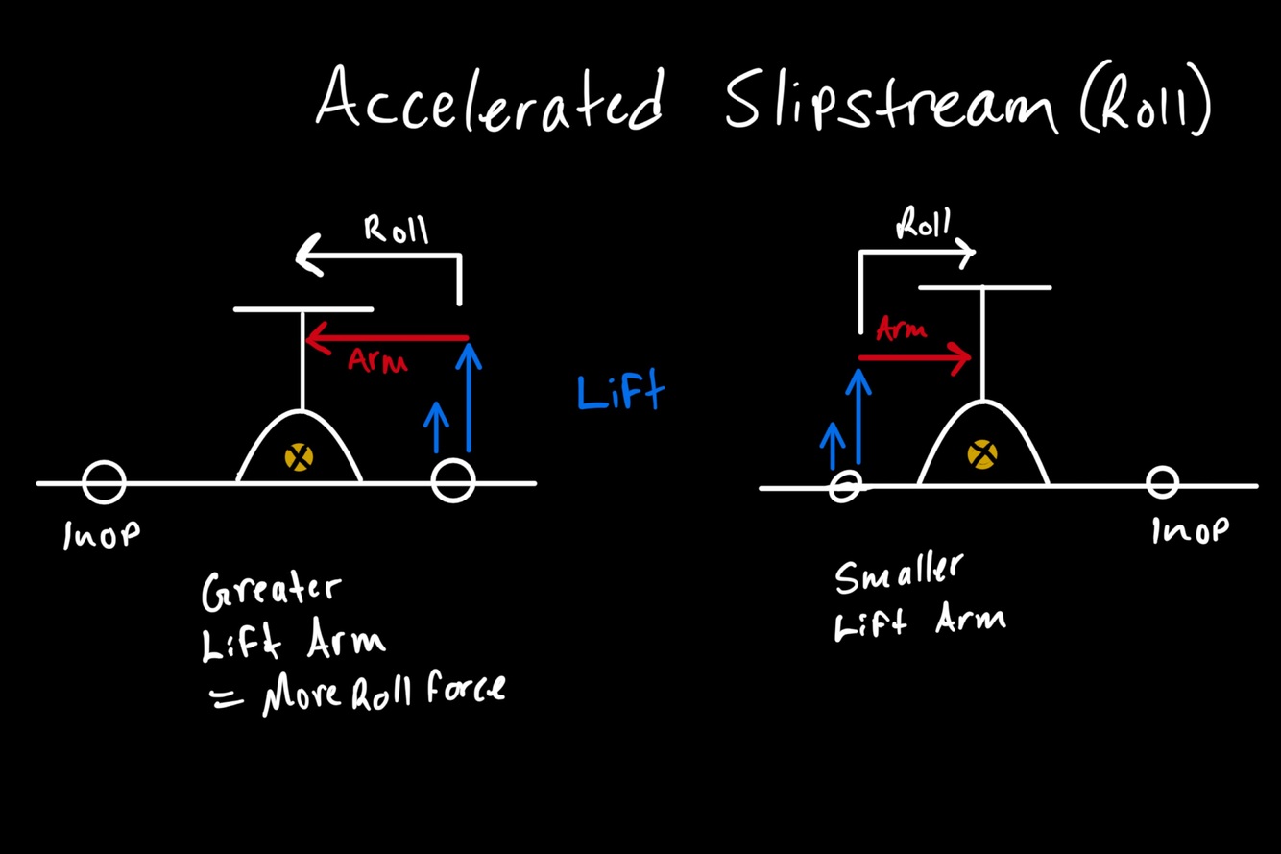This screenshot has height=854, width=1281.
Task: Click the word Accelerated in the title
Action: point(490,99)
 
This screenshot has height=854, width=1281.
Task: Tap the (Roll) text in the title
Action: point(1145,104)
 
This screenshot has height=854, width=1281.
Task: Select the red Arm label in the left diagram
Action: point(377,361)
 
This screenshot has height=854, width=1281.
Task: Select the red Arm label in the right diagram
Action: point(902,330)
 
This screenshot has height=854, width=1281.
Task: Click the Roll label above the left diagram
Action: point(396,231)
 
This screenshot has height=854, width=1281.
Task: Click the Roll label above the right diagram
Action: point(923,225)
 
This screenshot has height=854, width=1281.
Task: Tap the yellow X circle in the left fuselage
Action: point(299,456)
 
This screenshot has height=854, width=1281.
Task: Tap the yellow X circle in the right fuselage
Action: point(980,453)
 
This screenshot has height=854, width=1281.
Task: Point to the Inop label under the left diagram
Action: point(101,535)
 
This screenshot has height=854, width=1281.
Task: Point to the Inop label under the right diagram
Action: point(1190,529)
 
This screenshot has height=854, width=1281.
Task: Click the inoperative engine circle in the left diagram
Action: point(104,482)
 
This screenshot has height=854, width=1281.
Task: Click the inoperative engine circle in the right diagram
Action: point(1162,482)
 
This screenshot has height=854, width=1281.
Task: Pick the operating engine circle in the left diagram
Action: point(453,480)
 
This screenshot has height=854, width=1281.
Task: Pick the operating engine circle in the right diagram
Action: point(844,486)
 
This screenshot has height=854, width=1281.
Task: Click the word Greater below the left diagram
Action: point(271,592)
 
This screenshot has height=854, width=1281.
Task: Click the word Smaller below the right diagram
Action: point(897,575)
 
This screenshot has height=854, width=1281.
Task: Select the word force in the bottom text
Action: point(464,689)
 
